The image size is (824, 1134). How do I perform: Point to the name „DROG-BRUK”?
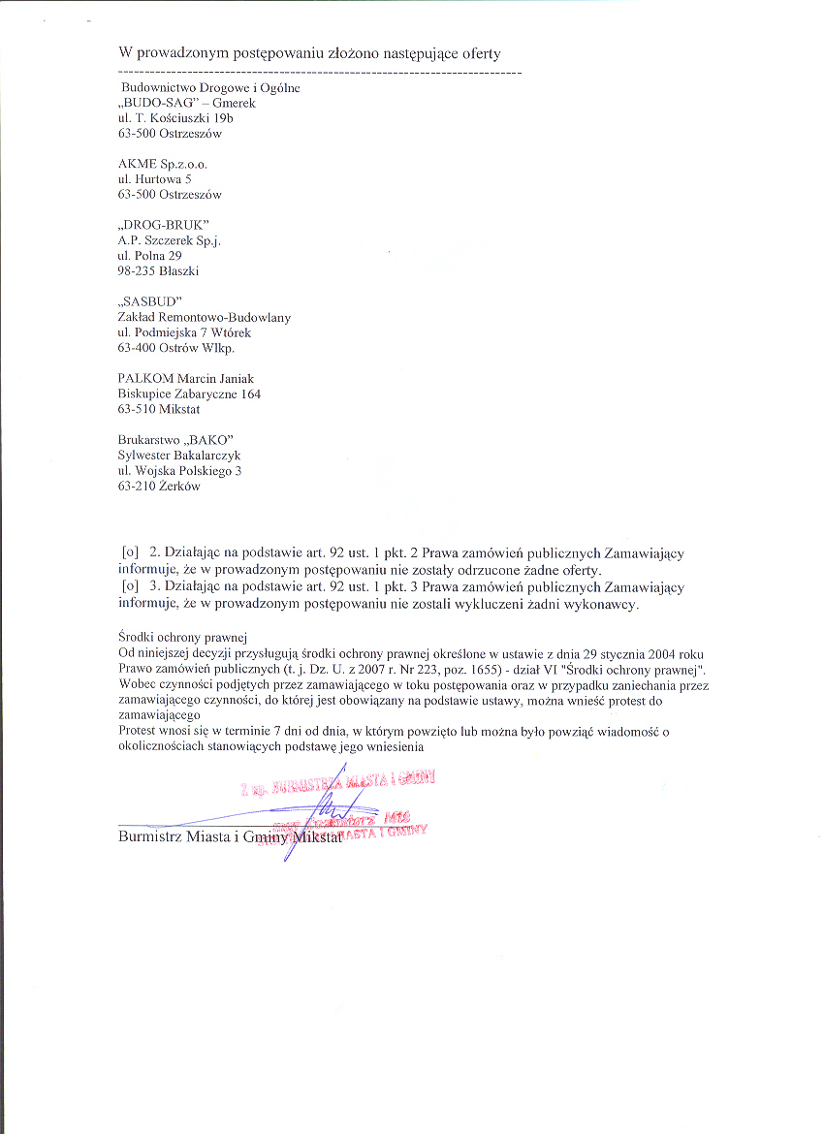point(163,225)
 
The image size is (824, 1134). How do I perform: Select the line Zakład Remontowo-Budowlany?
point(204,317)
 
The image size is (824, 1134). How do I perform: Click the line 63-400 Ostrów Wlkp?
point(175,347)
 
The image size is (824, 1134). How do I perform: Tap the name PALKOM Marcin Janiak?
point(185,378)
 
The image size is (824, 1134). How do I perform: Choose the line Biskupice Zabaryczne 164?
point(189,394)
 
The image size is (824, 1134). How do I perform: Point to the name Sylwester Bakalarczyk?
point(179,455)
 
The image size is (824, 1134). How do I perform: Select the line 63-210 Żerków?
point(159,487)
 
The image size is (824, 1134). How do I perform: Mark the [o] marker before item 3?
point(130,586)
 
